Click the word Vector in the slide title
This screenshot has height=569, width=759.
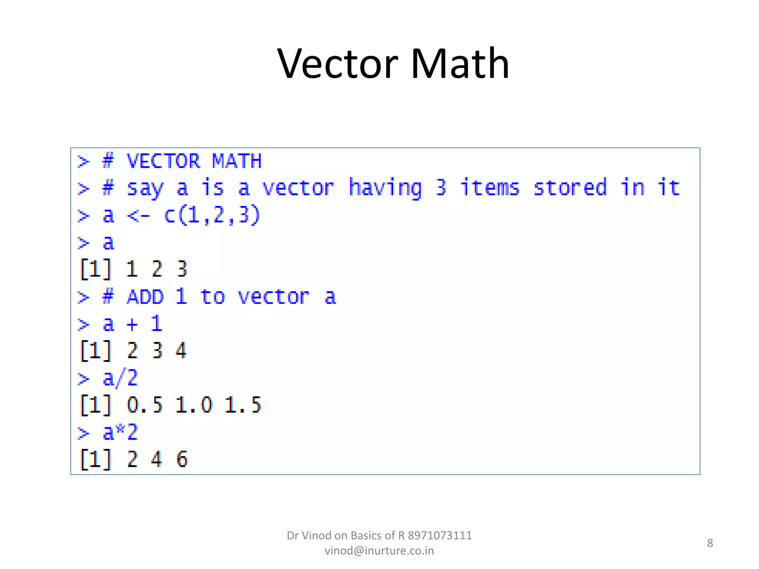tap(337, 64)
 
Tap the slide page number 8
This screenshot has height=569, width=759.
tap(710, 543)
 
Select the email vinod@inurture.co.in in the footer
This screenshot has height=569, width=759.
tap(379, 551)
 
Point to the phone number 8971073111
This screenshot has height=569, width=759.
tap(440, 536)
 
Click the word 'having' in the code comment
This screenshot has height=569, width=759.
tap(385, 188)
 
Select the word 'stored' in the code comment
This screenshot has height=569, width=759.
tap(570, 188)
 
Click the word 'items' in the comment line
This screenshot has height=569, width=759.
tap(490, 188)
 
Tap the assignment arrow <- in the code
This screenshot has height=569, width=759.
tap(138, 216)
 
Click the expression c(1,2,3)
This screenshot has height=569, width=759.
tap(212, 216)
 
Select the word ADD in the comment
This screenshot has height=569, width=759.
tap(145, 297)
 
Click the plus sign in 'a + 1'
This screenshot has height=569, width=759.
tap(132, 325)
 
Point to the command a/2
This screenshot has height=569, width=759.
tap(120, 379)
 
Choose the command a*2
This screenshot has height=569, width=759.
tap(120, 433)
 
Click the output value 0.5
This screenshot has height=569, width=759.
tap(145, 405)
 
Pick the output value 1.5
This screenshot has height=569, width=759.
tap(243, 405)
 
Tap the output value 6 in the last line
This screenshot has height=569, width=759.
tap(182, 459)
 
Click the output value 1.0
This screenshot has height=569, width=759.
tap(193, 405)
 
